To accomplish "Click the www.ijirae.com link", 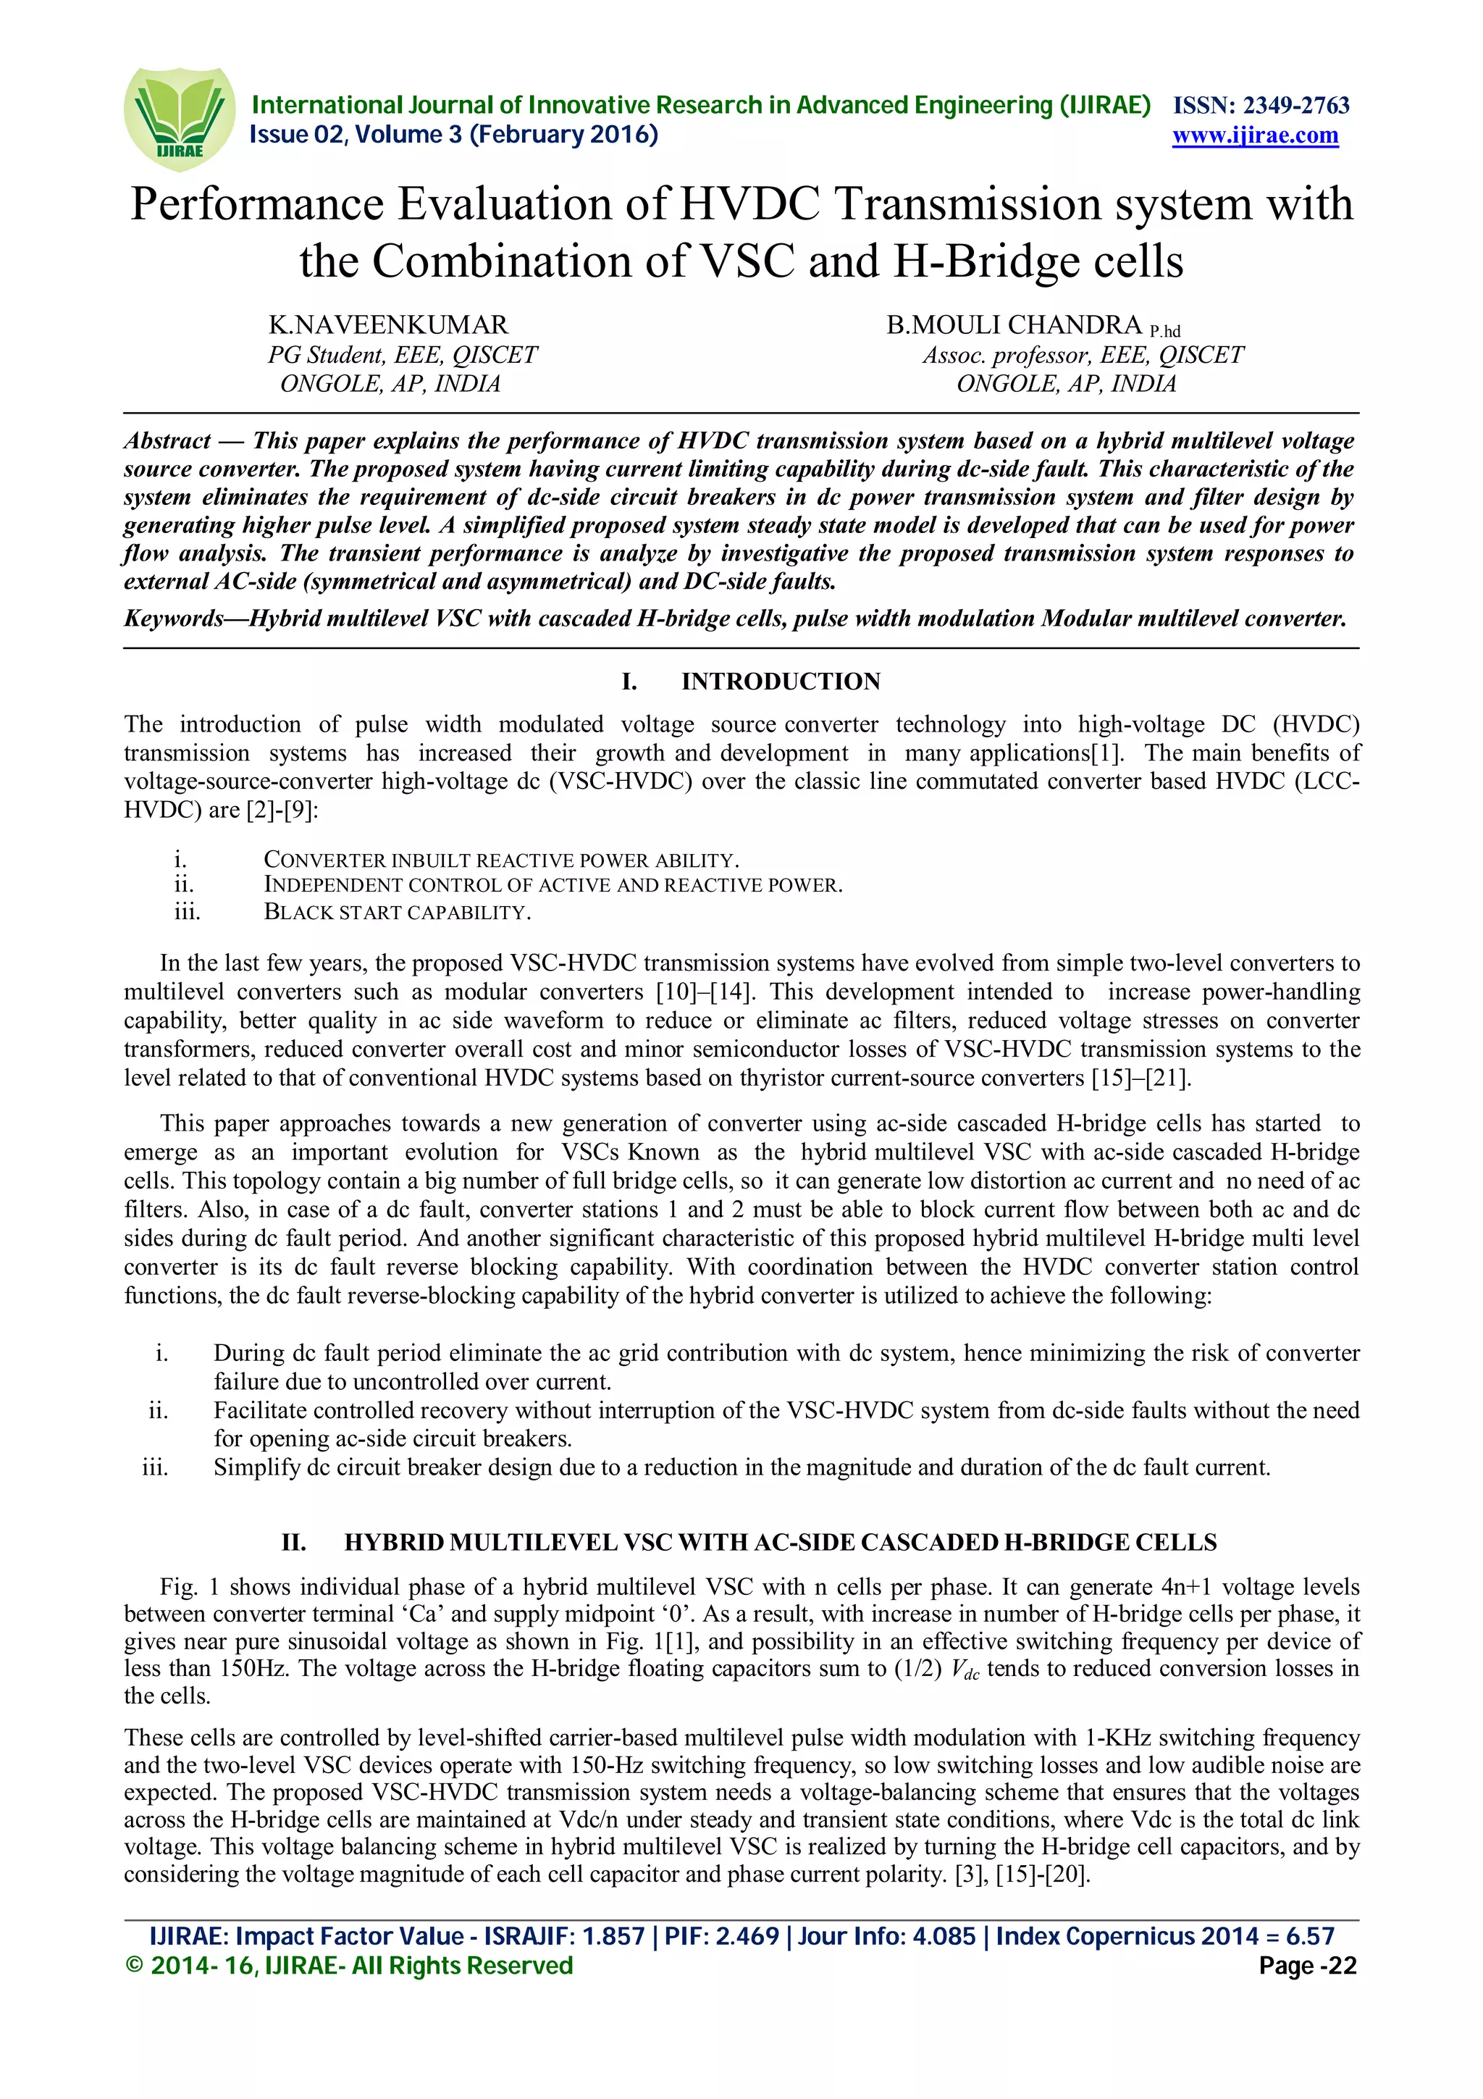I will click(x=1255, y=135).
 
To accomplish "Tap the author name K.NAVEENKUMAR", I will click(x=388, y=324).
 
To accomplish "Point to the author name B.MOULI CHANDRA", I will click(x=1014, y=324).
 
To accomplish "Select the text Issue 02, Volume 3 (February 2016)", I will click(x=454, y=135).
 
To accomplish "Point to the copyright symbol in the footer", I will click(x=134, y=1966).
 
